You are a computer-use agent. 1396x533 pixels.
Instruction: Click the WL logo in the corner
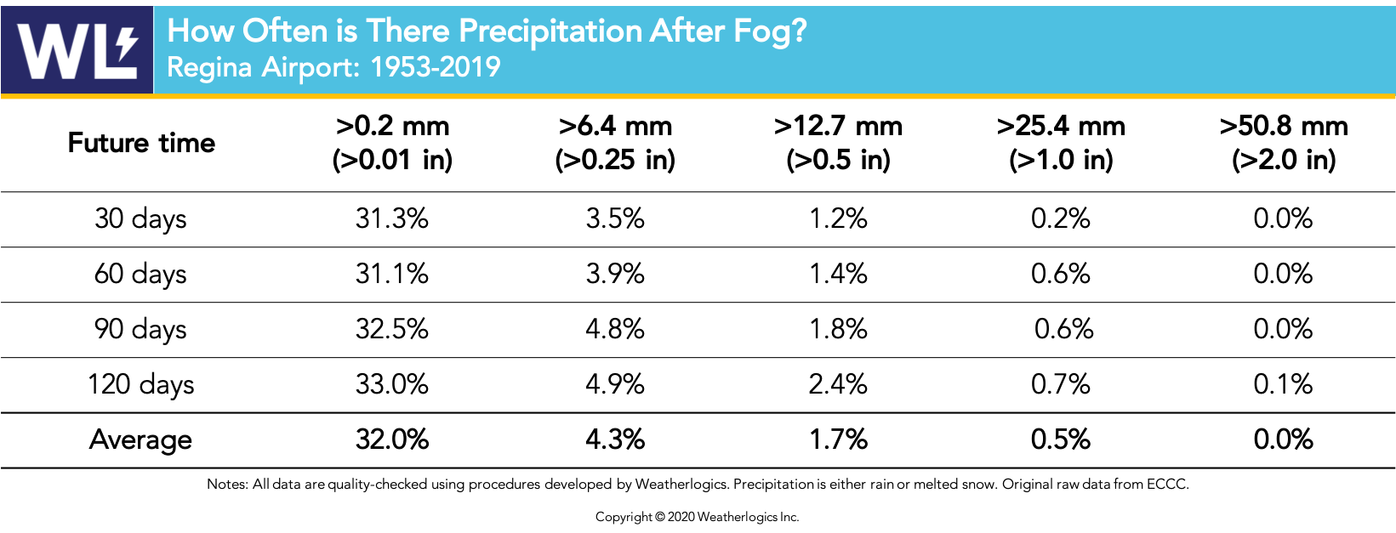point(77,49)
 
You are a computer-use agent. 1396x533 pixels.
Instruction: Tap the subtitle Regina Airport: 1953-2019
point(333,67)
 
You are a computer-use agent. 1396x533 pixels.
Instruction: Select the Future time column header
point(141,143)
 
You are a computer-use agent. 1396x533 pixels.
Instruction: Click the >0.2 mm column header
point(392,142)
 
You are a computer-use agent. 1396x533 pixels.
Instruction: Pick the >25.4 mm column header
point(1061,142)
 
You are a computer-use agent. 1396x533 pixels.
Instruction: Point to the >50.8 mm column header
point(1284,142)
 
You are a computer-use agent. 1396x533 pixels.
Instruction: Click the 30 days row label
point(140,218)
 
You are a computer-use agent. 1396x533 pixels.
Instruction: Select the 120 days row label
point(140,384)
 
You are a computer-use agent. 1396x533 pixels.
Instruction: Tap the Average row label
point(140,439)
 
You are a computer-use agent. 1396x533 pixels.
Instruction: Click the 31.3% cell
point(392,218)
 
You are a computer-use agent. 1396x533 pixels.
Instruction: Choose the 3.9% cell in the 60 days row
point(615,274)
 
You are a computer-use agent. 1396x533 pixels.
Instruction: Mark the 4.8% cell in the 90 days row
point(615,329)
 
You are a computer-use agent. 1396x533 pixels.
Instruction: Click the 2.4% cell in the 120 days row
point(838,384)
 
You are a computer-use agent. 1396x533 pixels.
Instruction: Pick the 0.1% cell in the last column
point(1283,384)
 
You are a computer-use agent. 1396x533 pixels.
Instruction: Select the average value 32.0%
point(392,439)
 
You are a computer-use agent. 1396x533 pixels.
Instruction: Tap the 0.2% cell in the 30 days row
point(1060,218)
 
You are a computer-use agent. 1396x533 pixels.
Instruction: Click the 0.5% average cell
point(1060,439)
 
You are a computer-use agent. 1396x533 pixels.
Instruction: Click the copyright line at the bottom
point(697,517)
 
